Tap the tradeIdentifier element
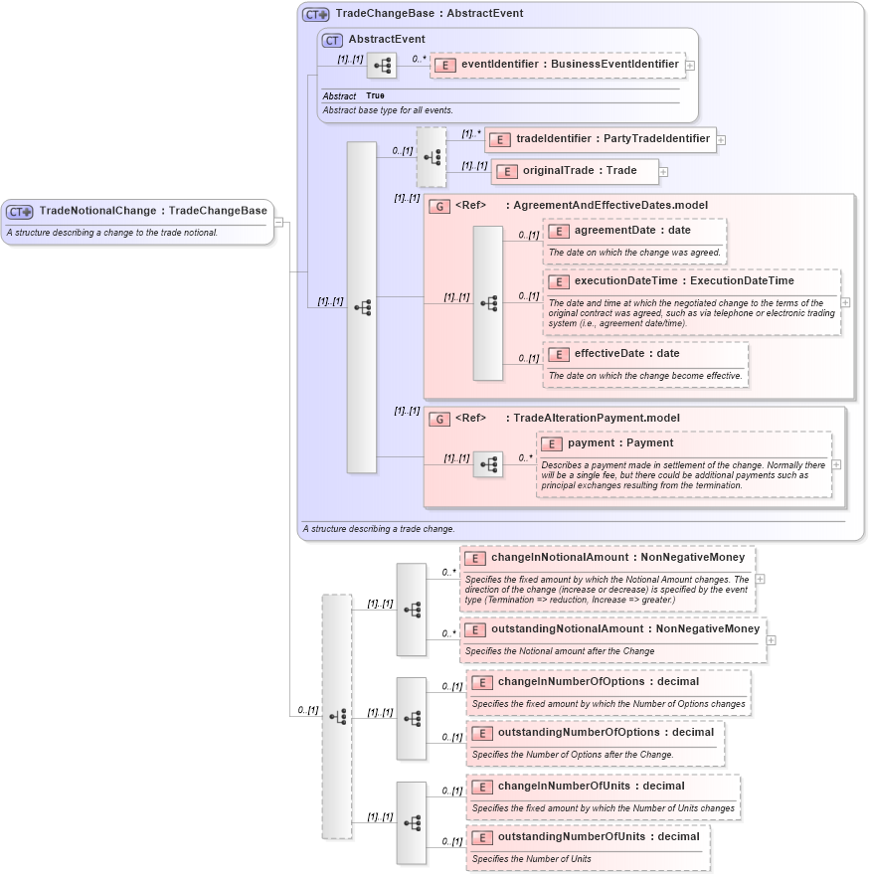click(601, 139)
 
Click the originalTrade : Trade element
click(575, 171)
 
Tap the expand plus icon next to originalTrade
click(663, 172)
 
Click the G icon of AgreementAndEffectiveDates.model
click(438, 206)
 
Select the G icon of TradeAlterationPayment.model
click(438, 419)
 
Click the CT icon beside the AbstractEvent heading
click(333, 40)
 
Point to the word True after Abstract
click(375, 95)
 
